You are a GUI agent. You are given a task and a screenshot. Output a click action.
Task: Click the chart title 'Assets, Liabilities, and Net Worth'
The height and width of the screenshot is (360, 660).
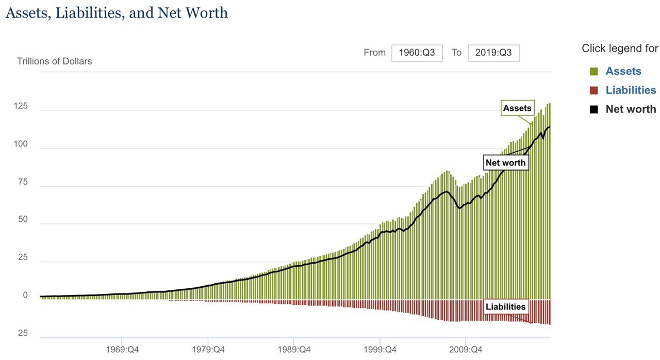click(x=117, y=12)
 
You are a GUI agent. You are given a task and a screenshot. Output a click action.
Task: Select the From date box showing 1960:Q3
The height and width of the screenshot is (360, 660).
click(x=417, y=53)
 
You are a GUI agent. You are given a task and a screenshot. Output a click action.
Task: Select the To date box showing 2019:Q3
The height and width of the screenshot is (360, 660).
click(x=493, y=53)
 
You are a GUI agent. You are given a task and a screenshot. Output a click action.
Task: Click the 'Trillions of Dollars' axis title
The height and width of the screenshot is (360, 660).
click(x=54, y=61)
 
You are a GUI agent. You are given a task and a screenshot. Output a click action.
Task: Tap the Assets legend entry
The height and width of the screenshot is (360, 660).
click(x=623, y=71)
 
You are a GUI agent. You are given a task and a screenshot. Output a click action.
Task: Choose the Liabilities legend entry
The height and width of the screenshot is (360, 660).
click(x=631, y=90)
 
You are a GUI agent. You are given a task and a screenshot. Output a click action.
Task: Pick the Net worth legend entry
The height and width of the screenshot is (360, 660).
click(x=631, y=109)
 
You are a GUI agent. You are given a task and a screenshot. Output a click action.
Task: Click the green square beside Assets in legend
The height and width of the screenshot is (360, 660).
click(x=593, y=71)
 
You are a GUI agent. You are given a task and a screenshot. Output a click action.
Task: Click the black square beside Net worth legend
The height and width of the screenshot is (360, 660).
click(x=593, y=109)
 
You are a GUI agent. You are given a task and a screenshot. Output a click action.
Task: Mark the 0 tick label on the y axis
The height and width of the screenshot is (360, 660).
click(x=25, y=296)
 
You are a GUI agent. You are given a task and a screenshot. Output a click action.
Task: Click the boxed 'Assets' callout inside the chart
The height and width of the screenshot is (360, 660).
click(x=517, y=108)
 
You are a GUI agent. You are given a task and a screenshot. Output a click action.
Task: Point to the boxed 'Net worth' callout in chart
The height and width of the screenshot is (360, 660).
click(x=506, y=163)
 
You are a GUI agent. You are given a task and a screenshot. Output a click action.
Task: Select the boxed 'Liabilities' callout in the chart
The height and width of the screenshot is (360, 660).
click(x=506, y=307)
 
